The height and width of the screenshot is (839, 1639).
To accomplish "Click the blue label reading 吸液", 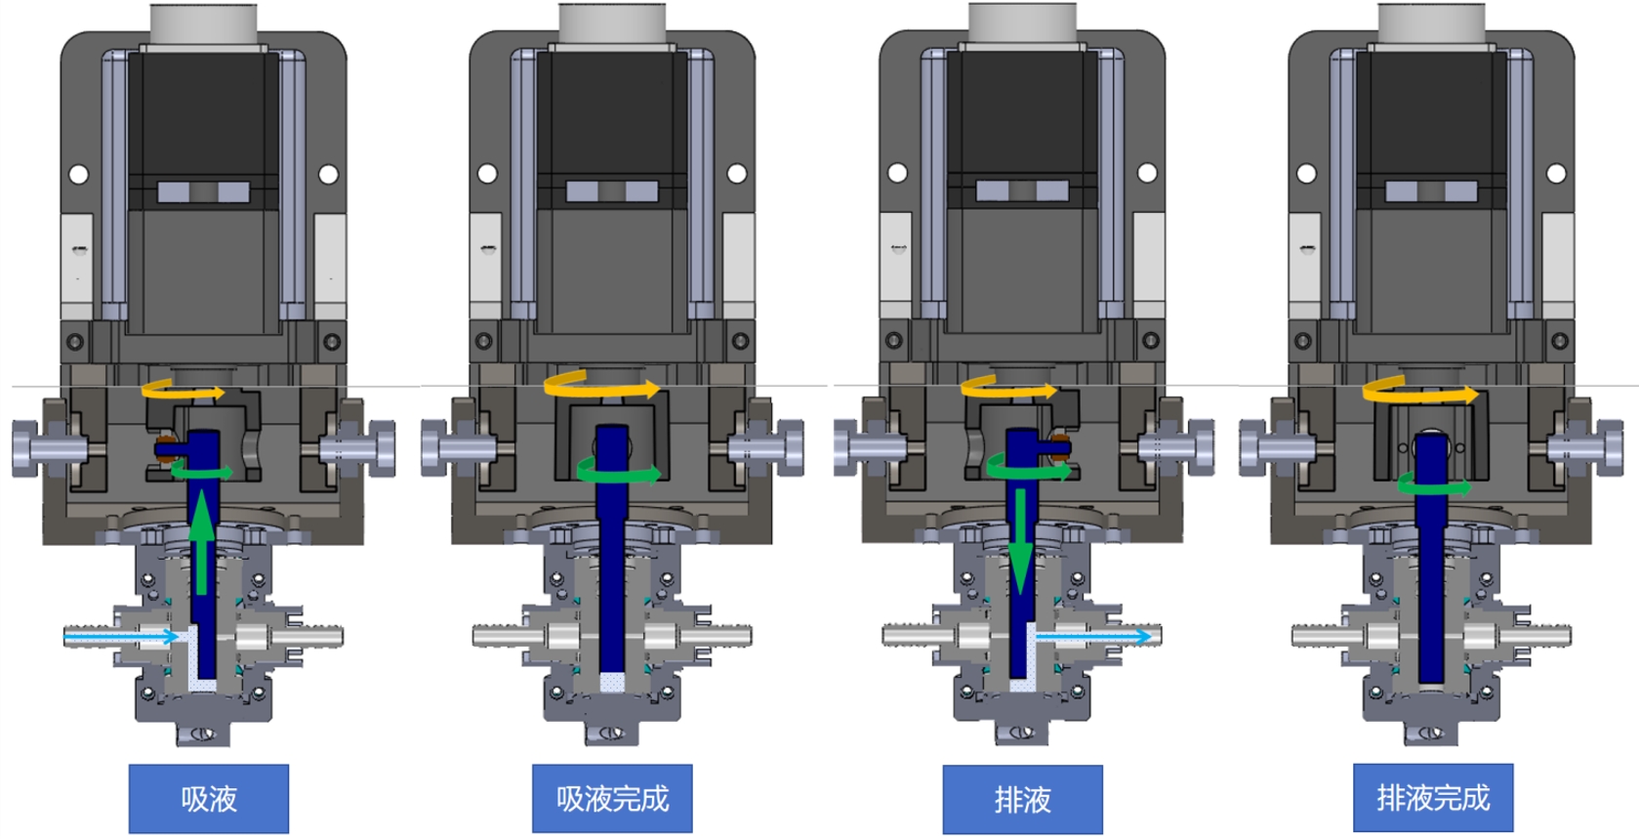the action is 209,799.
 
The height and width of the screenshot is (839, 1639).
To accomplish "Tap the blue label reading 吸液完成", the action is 612,799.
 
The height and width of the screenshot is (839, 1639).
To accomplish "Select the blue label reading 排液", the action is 1022,800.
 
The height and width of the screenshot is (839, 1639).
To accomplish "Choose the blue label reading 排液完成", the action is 1433,798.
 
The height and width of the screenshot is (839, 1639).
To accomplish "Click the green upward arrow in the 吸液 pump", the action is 202,543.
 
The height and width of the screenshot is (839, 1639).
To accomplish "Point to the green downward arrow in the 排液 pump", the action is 1020,542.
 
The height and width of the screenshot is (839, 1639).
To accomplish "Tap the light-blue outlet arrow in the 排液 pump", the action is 1093,636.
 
